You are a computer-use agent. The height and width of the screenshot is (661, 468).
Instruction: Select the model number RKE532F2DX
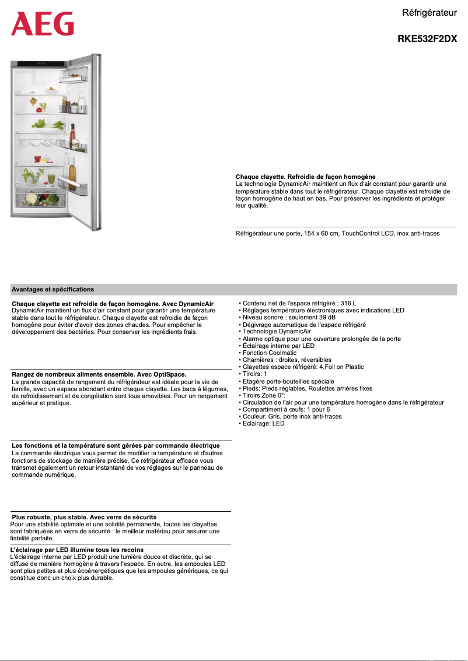coord(427,39)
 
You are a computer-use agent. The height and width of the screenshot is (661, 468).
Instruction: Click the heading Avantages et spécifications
coord(53,289)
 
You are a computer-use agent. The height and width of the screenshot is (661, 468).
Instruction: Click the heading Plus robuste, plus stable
coord(84,517)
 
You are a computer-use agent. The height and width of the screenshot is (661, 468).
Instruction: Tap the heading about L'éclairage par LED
coord(77,550)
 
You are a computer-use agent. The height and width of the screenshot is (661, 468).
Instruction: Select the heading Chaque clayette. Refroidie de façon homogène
coord(305,177)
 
